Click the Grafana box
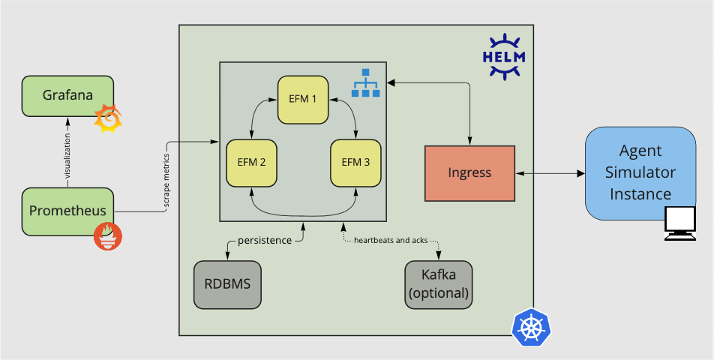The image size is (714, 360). pos(67,96)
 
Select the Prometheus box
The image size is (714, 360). pos(67,210)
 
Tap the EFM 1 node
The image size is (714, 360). pos(303,99)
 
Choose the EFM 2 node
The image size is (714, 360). pos(252,161)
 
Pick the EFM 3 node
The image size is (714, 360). pos(355,161)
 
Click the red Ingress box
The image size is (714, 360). pos(469,173)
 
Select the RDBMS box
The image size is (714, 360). pos(227,284)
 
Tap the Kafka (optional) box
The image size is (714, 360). pos(439,284)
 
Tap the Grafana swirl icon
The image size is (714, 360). pos(108,118)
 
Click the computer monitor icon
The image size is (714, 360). pos(682,224)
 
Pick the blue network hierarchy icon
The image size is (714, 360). pos(367,83)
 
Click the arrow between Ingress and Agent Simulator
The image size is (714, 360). pos(550,173)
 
